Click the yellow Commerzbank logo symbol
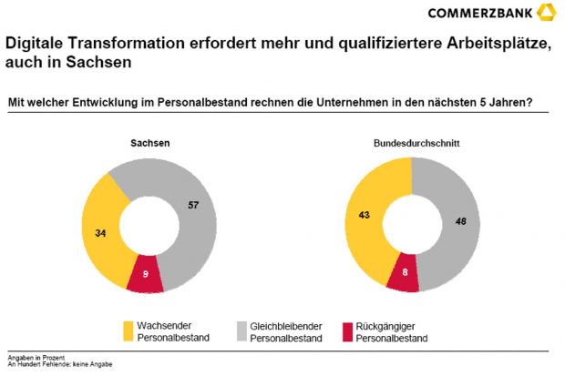(544, 11)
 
